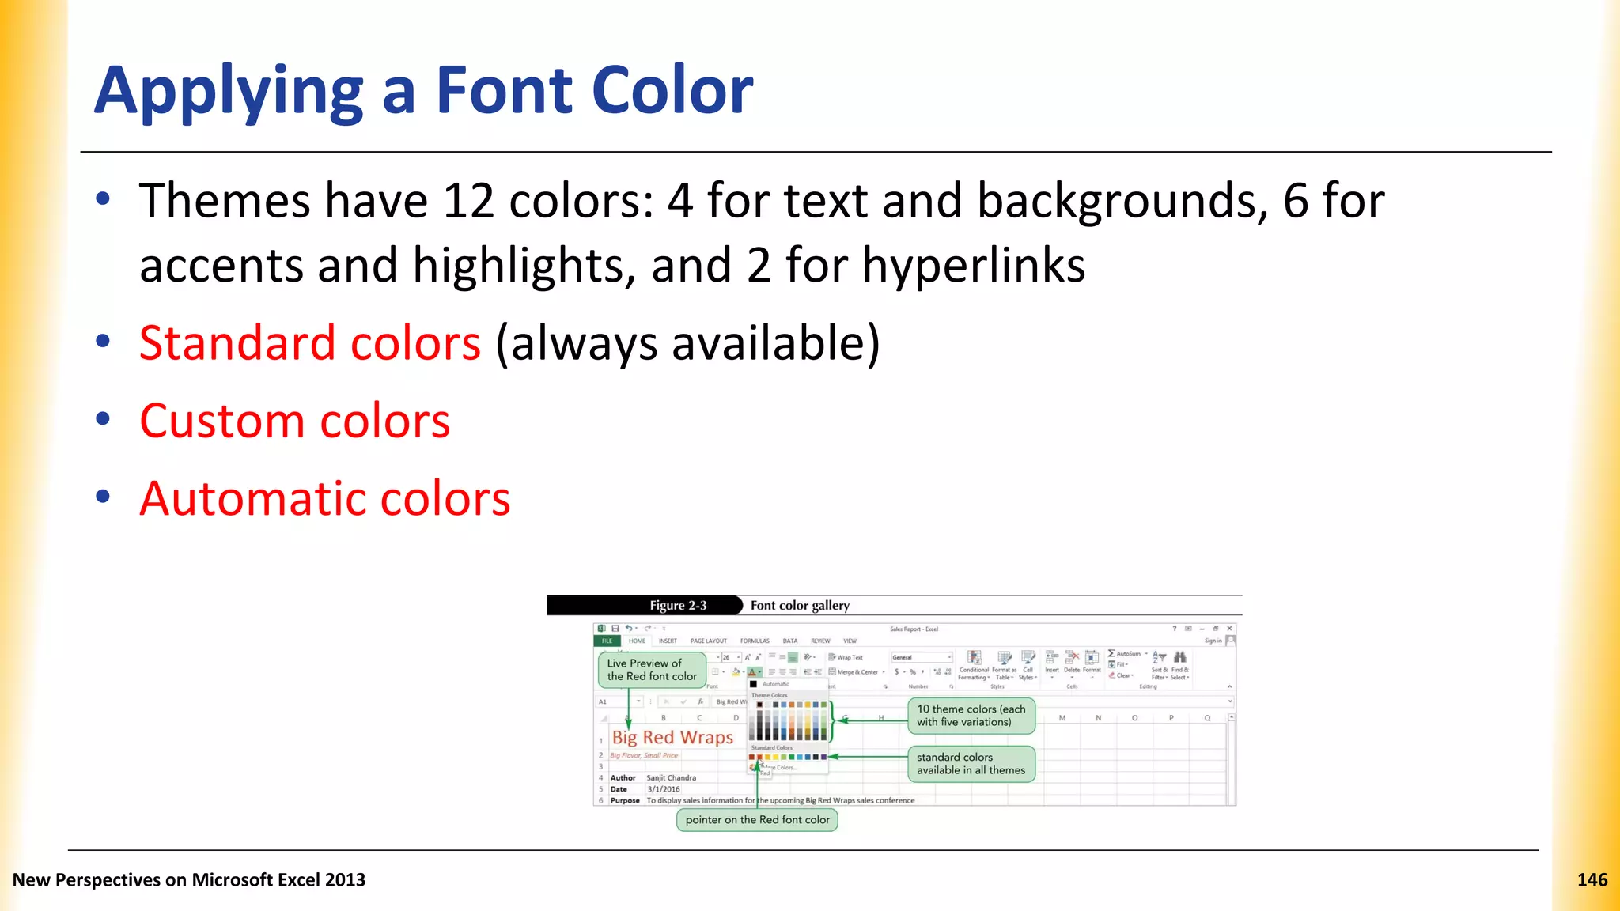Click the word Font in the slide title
506,90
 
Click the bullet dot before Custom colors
103,419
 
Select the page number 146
1592,880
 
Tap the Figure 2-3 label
678,606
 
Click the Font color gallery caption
800,606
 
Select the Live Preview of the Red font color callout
652,670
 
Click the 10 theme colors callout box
971,716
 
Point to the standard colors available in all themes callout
971,764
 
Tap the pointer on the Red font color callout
757,820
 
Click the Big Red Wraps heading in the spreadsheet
672,738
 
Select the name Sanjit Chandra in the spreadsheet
671,778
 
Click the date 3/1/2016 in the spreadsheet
663,789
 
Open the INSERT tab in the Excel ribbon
668,641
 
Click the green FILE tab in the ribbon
607,641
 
